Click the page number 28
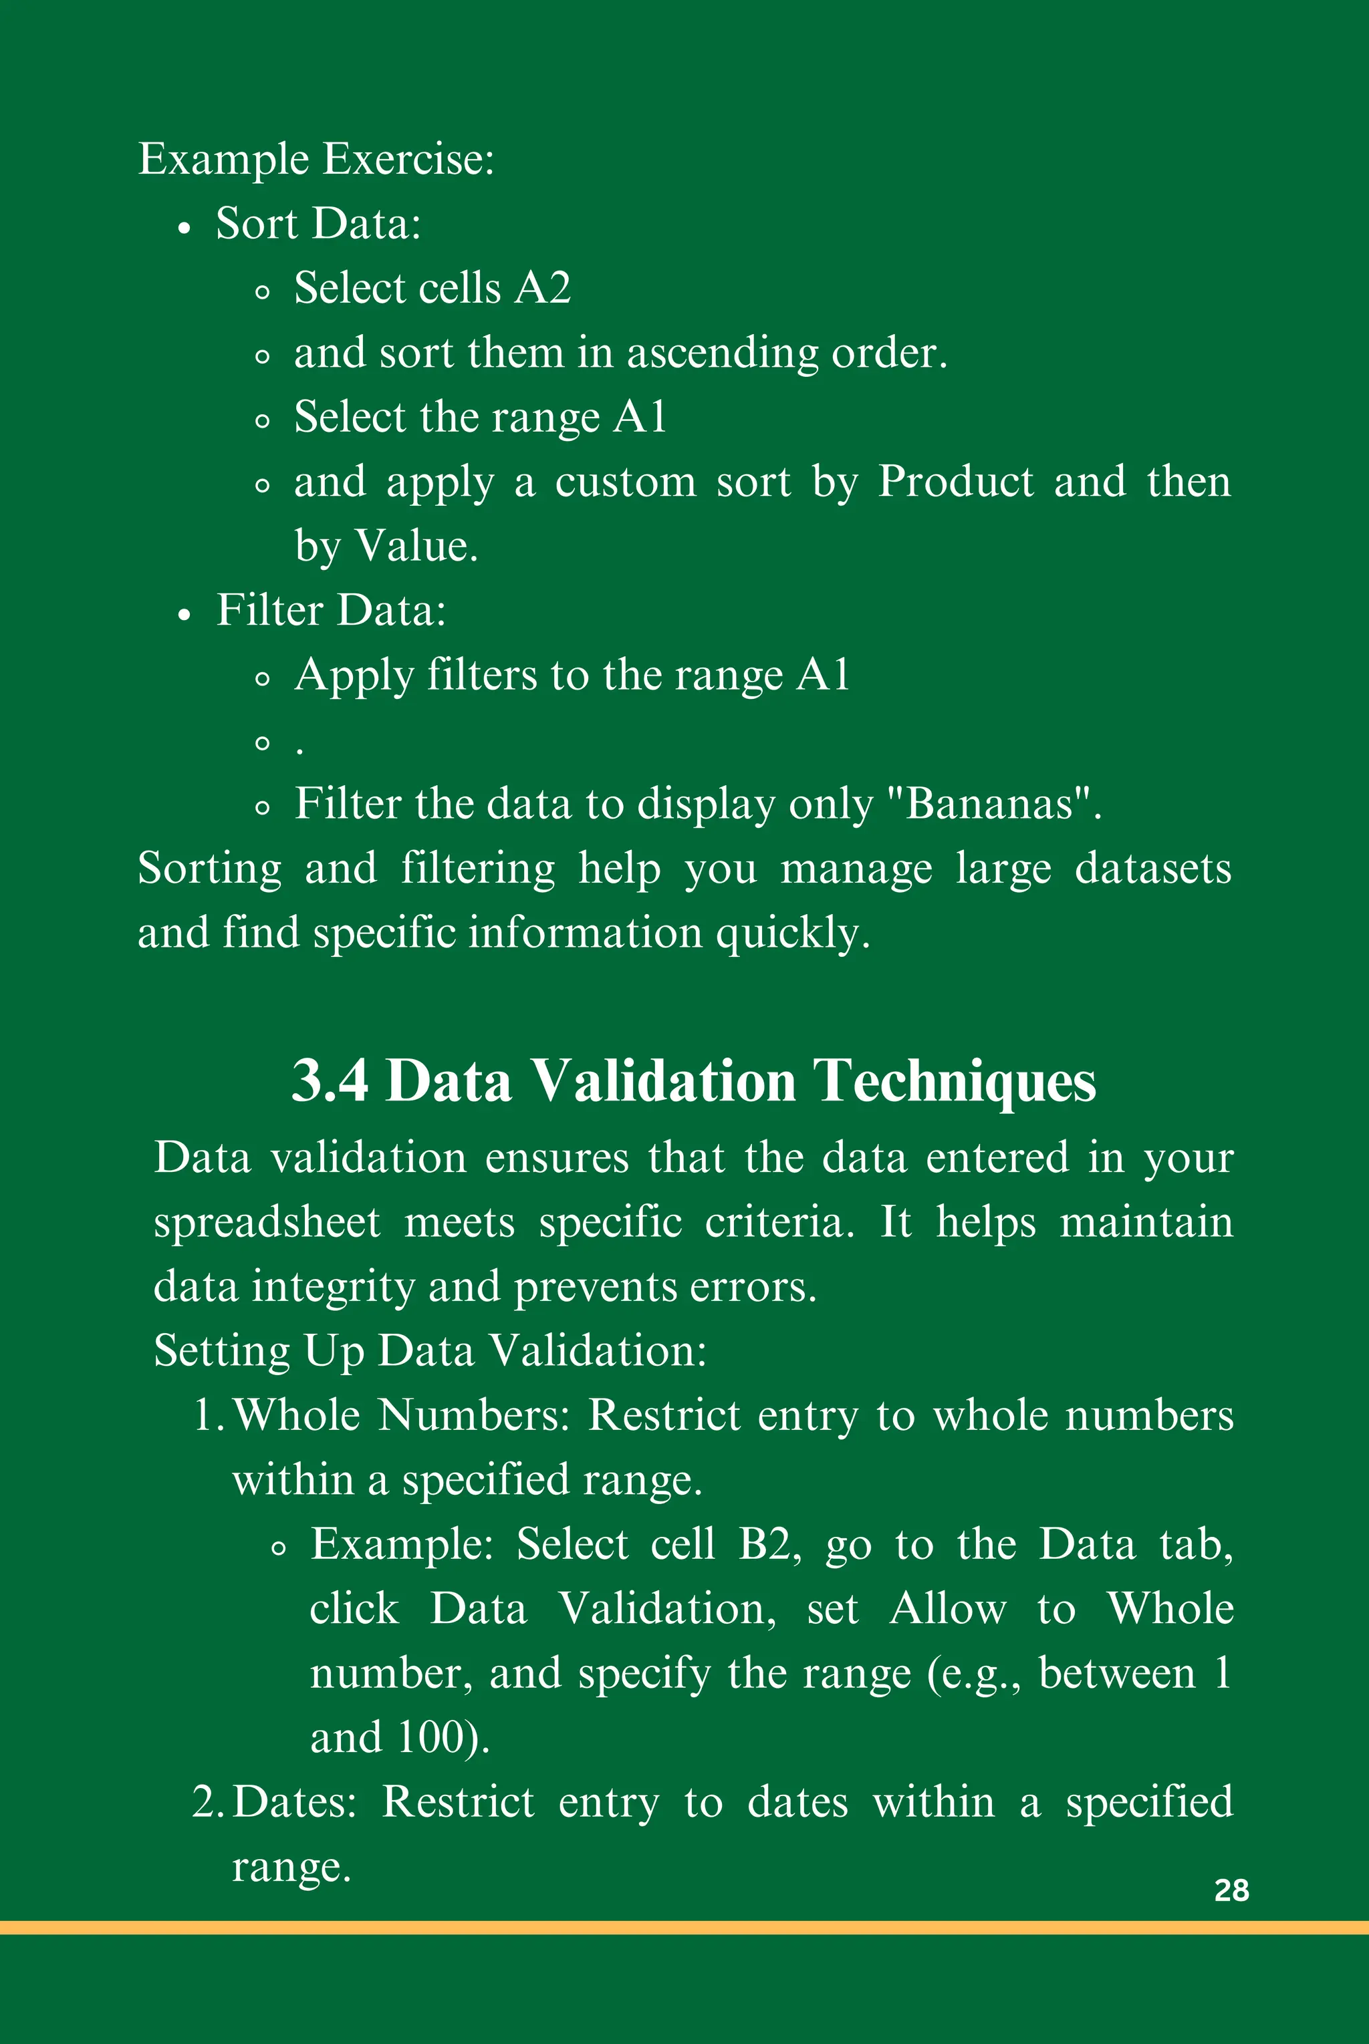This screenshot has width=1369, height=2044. click(1231, 1890)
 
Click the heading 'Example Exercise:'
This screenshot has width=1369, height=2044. click(316, 160)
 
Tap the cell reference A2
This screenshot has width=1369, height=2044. click(542, 288)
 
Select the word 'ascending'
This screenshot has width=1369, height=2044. click(722, 353)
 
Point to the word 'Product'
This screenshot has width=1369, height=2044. click(956, 482)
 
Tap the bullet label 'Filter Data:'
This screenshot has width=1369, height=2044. click(331, 610)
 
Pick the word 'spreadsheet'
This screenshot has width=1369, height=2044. click(267, 1223)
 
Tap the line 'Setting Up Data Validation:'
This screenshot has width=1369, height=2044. click(430, 1351)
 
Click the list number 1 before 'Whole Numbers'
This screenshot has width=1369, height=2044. click(205, 1416)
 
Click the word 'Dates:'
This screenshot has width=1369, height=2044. click(295, 1802)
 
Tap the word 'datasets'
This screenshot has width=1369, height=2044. click(1152, 869)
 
